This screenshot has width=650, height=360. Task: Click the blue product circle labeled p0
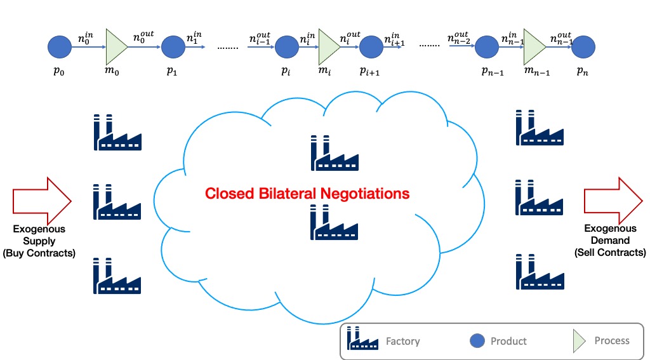tap(60, 47)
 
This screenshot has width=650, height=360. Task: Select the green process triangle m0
tap(116, 47)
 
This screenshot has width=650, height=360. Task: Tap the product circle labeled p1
tap(173, 47)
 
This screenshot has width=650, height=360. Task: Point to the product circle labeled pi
tap(286, 47)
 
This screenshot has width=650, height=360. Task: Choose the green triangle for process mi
tap(328, 47)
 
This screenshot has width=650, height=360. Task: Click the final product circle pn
tap(583, 47)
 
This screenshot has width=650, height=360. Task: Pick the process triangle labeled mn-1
tap(533, 47)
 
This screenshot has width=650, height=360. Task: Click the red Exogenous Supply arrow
tap(42, 201)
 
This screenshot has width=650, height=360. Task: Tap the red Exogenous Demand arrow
tap(613, 201)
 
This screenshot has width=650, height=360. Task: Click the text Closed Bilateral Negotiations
tap(307, 193)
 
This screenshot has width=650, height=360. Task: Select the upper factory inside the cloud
tap(335, 152)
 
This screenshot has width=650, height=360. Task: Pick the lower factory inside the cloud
tap(334, 222)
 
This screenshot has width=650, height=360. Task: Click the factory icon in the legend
tap(362, 338)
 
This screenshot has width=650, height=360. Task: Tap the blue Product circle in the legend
tap(477, 341)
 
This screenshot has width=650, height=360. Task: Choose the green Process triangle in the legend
tap(579, 341)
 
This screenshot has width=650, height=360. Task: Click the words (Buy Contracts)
tap(39, 253)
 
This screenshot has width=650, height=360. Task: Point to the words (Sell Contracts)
tap(610, 252)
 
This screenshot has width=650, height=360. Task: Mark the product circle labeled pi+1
tap(371, 47)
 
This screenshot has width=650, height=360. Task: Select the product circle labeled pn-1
tap(487, 47)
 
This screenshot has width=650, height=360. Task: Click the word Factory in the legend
tap(403, 342)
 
